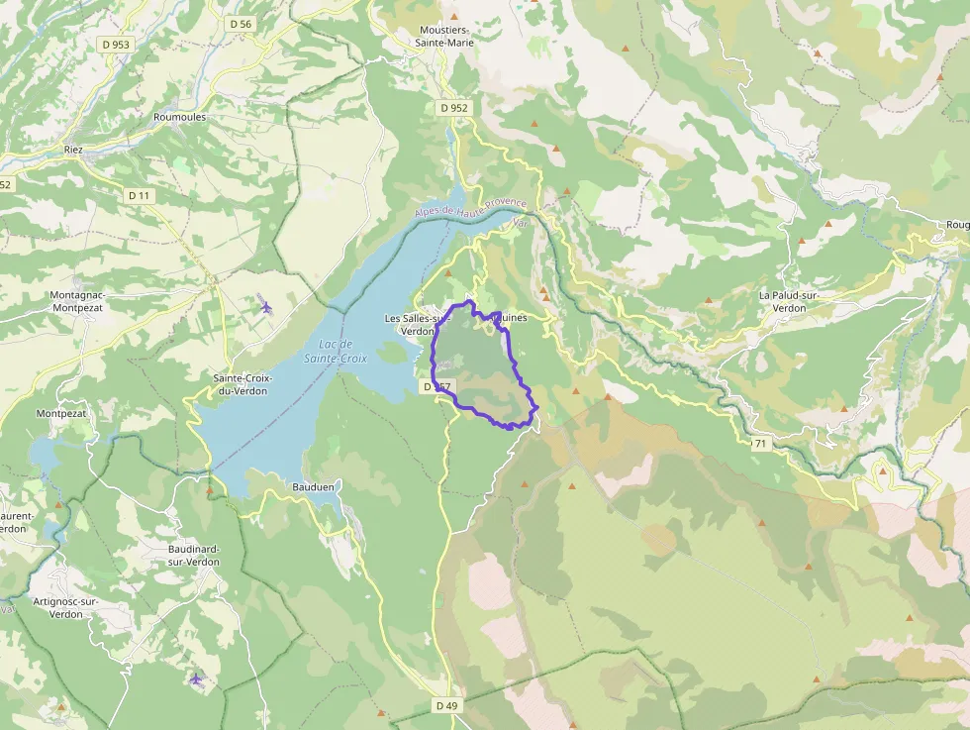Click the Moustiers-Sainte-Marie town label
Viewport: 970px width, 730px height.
tap(444, 37)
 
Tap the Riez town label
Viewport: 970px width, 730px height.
tap(73, 150)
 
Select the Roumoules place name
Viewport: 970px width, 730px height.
tap(180, 116)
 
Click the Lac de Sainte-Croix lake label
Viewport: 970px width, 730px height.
tap(330, 351)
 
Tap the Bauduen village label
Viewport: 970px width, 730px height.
tap(313, 487)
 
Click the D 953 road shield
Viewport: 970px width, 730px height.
tap(116, 45)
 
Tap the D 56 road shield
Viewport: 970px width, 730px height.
tap(240, 23)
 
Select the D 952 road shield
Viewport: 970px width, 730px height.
tap(454, 107)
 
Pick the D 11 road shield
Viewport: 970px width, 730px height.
tap(139, 196)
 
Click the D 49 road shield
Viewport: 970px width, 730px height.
tap(446, 705)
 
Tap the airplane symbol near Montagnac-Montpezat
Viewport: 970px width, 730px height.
tap(266, 306)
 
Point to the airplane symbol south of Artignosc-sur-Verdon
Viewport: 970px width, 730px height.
tap(196, 679)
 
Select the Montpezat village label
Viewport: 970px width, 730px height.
tap(61, 413)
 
